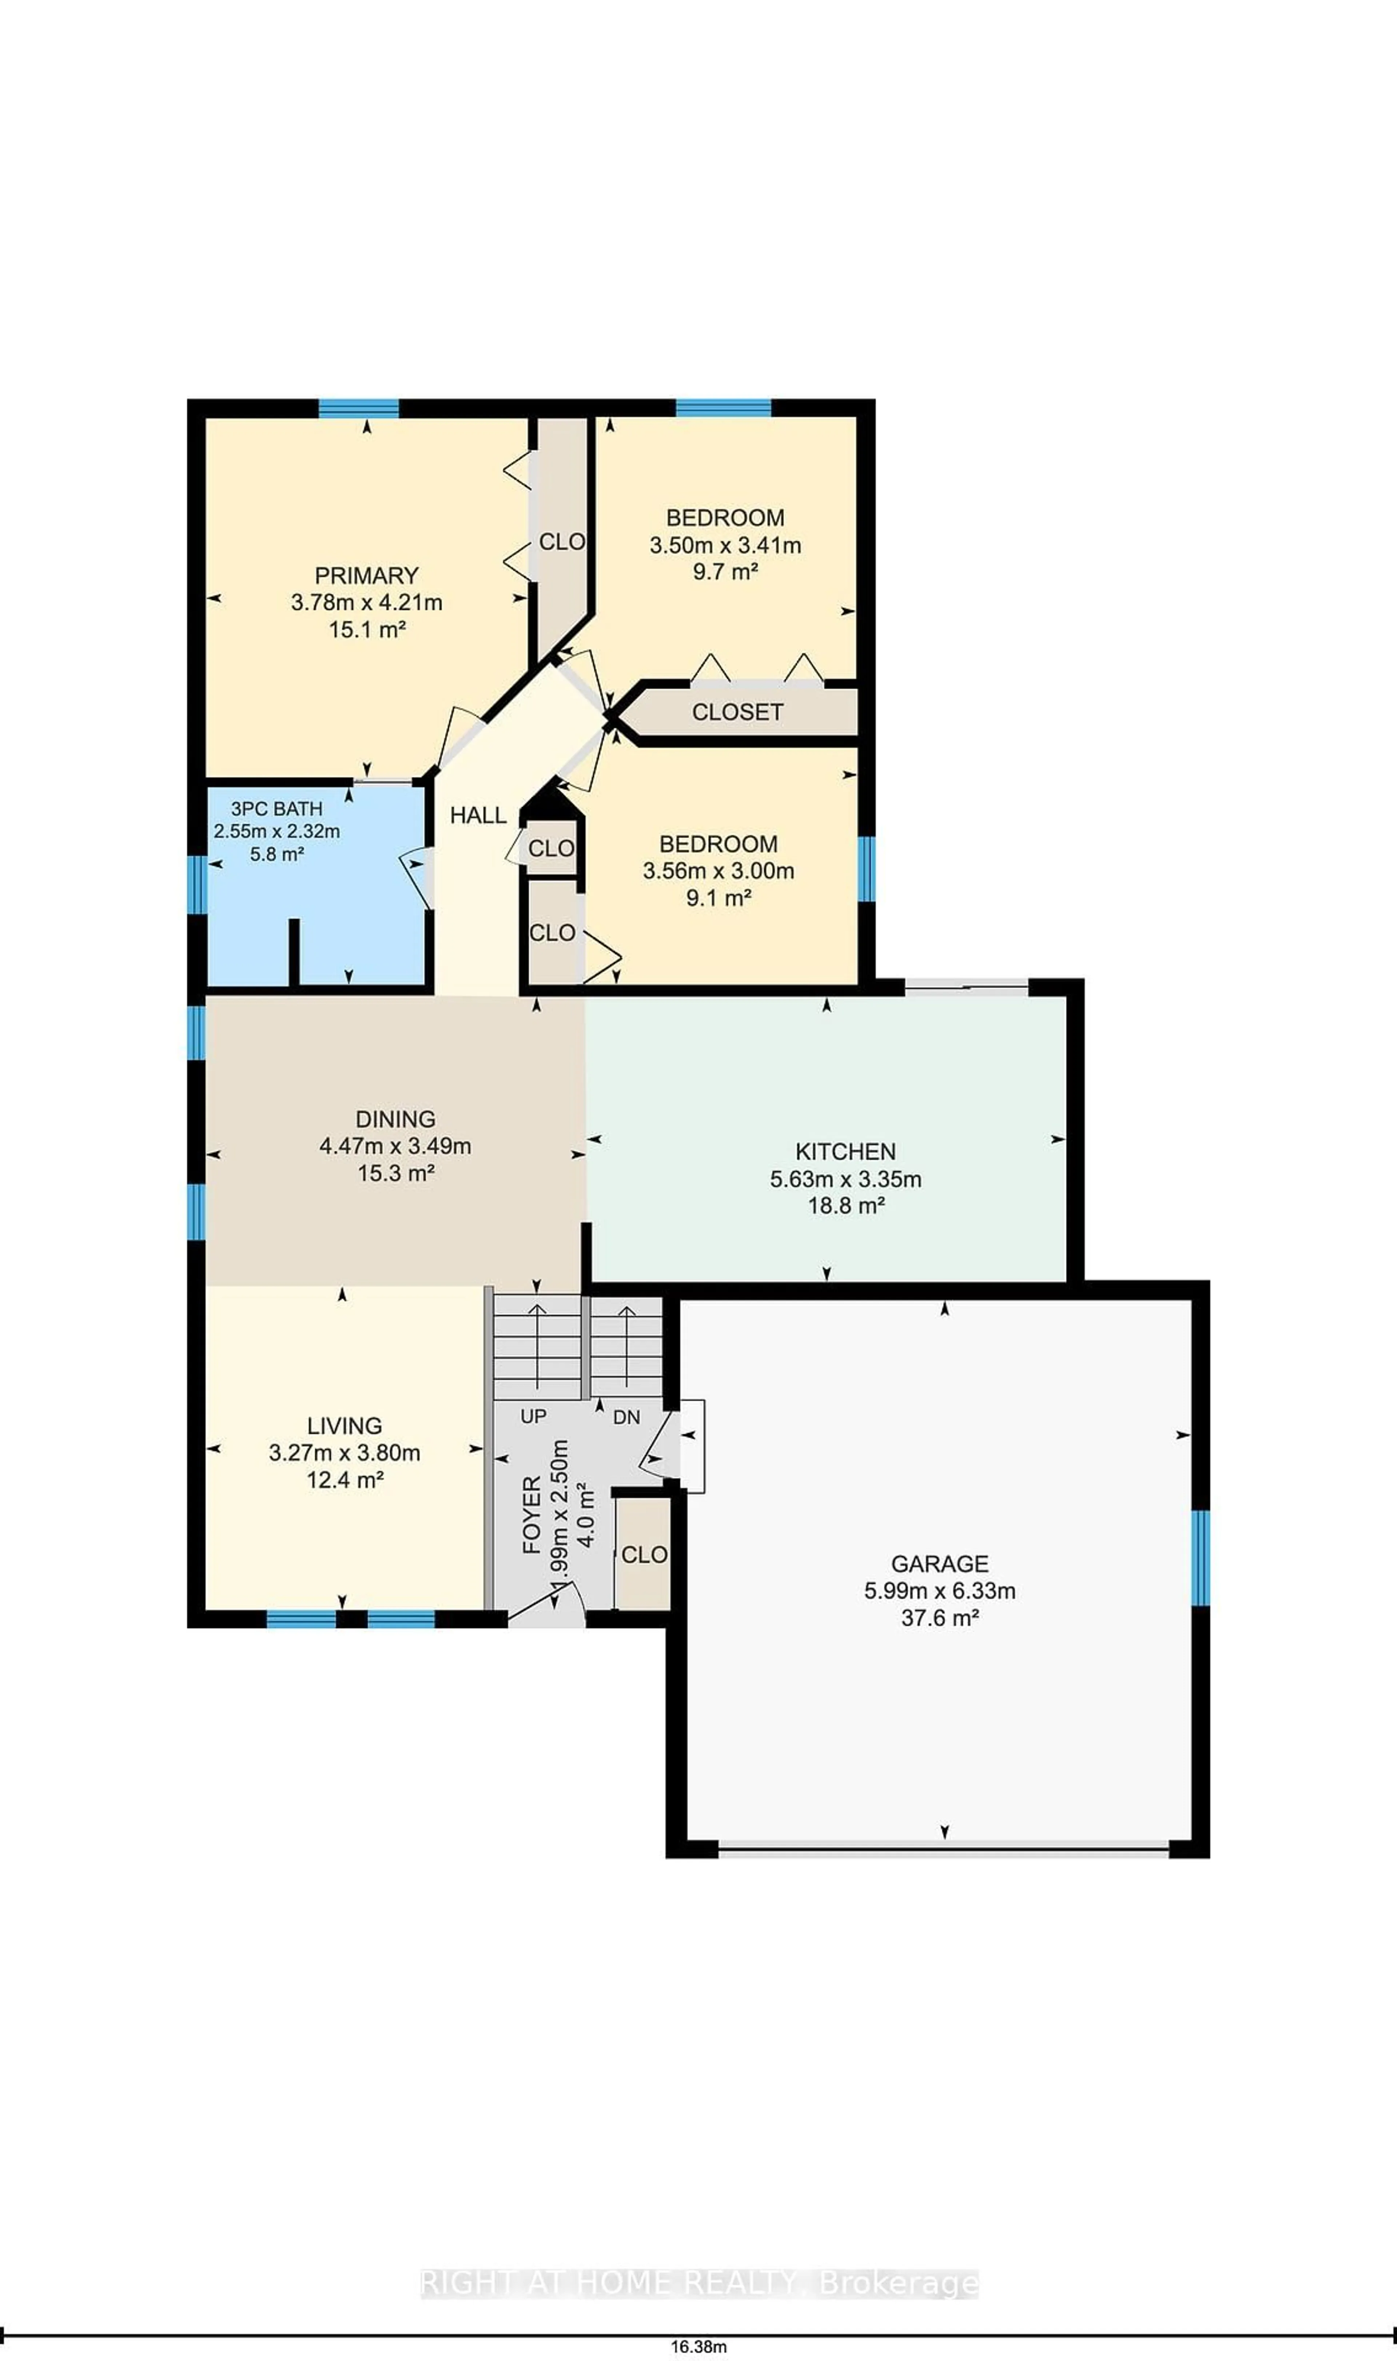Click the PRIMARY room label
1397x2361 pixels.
(366, 575)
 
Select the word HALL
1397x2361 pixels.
(478, 815)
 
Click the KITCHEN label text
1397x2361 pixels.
(845, 1151)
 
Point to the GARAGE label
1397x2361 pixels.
(939, 1564)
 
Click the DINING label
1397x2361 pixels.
(395, 1119)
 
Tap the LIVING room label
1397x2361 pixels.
(345, 1425)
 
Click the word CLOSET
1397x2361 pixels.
(737, 712)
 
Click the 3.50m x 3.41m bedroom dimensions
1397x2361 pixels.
(725, 545)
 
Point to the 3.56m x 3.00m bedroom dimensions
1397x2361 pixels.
(718, 871)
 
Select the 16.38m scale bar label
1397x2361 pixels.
(698, 2347)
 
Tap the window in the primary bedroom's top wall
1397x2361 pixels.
(359, 407)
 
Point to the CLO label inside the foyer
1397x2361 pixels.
(644, 1554)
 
